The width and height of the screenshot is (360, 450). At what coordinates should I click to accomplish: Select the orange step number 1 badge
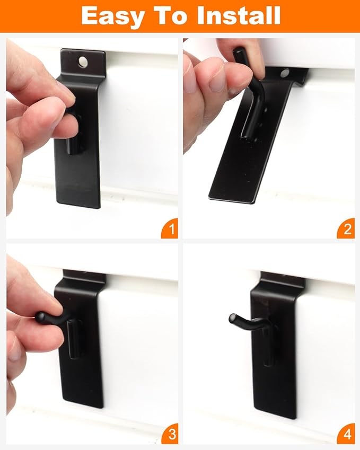[170, 230]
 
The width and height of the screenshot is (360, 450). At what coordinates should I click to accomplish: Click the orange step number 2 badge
[347, 230]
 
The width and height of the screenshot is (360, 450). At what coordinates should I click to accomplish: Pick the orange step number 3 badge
[170, 435]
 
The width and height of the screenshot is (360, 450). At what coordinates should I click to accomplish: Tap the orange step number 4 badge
[347, 435]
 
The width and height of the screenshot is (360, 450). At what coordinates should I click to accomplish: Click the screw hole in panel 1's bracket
[83, 62]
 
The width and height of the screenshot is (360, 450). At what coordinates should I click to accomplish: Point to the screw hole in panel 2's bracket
[285, 73]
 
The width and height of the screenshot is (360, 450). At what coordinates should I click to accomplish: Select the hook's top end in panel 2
[240, 52]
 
